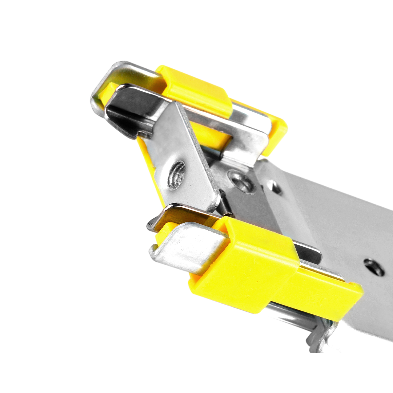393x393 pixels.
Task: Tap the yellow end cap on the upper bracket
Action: tap(277, 134)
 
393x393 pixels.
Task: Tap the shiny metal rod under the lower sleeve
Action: tap(288, 313)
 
